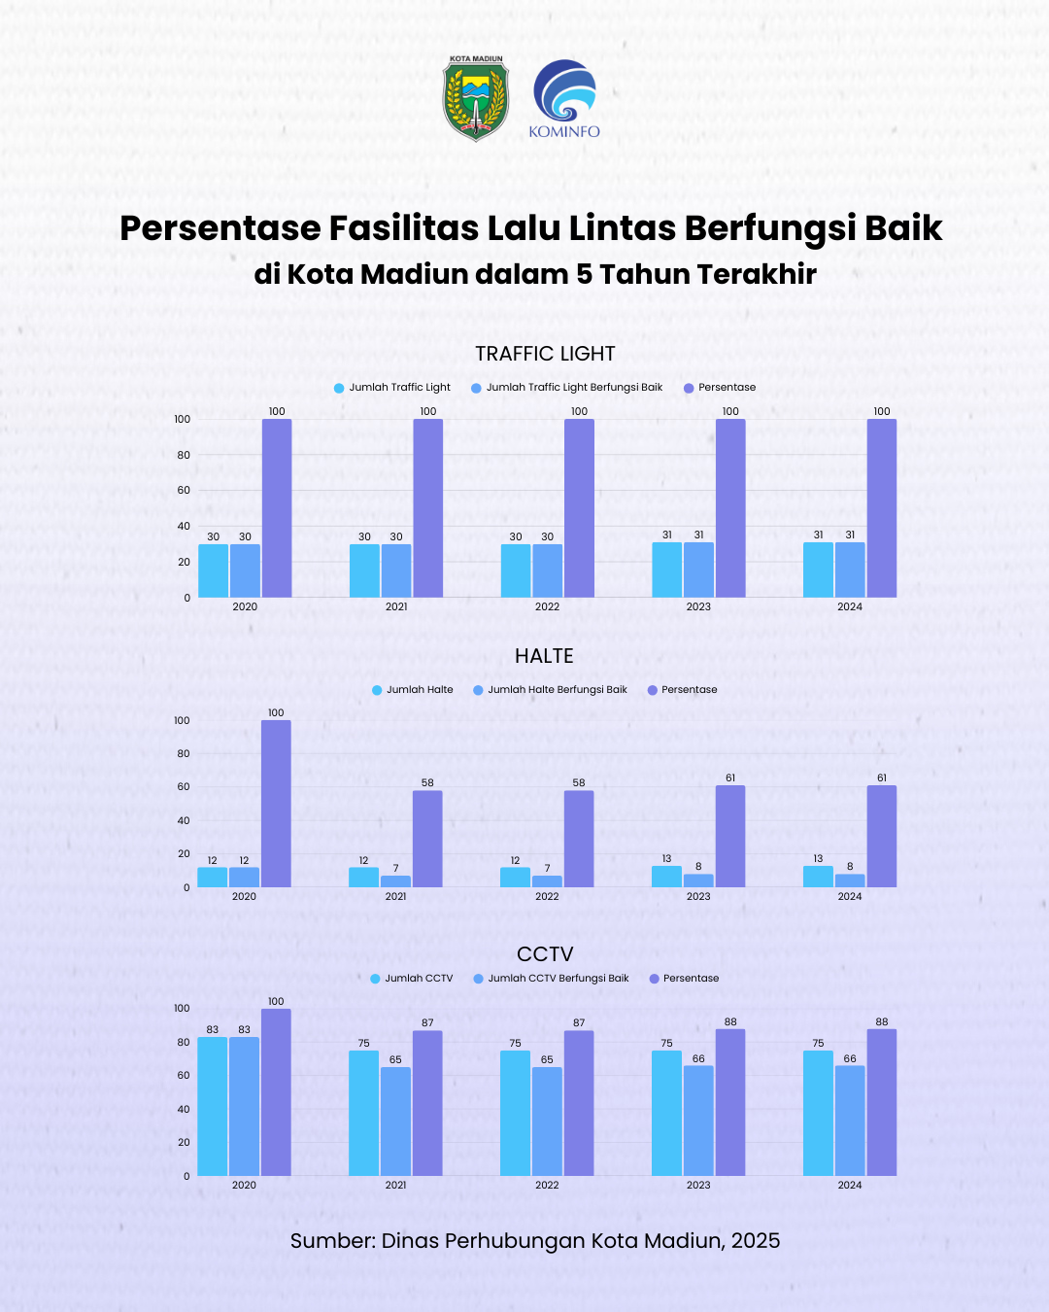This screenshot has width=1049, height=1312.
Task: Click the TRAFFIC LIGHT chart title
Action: pyautogui.click(x=545, y=354)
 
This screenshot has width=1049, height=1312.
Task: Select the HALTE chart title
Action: pyautogui.click(x=544, y=656)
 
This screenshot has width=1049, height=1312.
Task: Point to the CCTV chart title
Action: pyautogui.click(x=545, y=954)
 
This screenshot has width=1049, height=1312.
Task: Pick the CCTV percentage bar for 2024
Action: pyautogui.click(x=882, y=1102)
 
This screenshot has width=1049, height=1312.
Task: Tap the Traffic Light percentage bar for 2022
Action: pyautogui.click(x=579, y=507)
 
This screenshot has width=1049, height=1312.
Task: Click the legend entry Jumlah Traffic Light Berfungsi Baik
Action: pyautogui.click(x=573, y=388)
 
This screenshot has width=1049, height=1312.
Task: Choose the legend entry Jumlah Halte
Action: pyautogui.click(x=419, y=690)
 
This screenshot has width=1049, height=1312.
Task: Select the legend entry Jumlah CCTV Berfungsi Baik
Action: pyautogui.click(x=558, y=979)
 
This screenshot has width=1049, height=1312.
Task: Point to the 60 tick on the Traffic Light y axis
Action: pyautogui.click(x=184, y=490)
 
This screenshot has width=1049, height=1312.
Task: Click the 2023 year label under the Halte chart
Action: pyautogui.click(x=698, y=896)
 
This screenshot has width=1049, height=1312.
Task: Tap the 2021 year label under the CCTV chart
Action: pyautogui.click(x=395, y=1185)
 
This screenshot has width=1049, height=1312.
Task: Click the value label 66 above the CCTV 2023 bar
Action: pyautogui.click(x=698, y=1058)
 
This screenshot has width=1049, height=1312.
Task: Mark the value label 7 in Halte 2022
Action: pyautogui.click(x=547, y=868)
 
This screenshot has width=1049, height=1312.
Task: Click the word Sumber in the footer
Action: pyautogui.click(x=332, y=1241)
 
